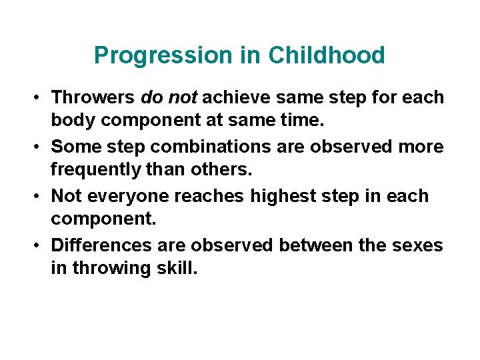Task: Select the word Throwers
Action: click(94, 98)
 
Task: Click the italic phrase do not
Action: click(169, 98)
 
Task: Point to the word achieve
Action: click(235, 98)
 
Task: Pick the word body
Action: click(71, 120)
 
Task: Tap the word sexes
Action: click(417, 245)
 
